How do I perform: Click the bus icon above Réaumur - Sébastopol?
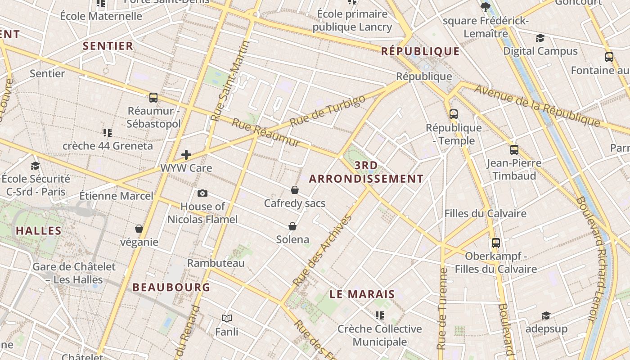pyautogui.click(x=153, y=97)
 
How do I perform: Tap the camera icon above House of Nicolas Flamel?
pyautogui.click(x=202, y=193)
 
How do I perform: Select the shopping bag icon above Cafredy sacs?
pyautogui.click(x=295, y=190)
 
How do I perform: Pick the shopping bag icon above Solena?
pyautogui.click(x=292, y=226)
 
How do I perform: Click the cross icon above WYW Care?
pyautogui.click(x=186, y=155)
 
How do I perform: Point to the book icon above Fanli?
pyautogui.click(x=227, y=319)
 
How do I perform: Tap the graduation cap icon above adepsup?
pyautogui.click(x=546, y=315)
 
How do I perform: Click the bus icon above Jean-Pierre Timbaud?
pyautogui.click(x=514, y=149)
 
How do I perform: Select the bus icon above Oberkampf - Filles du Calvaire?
pyautogui.click(x=496, y=243)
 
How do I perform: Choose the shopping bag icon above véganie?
pyautogui.click(x=139, y=229)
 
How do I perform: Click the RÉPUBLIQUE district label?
pyautogui.click(x=420, y=51)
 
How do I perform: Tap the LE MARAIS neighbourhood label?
pyautogui.click(x=362, y=295)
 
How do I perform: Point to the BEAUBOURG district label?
pyautogui.click(x=171, y=287)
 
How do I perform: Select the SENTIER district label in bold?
pyautogui.click(x=108, y=46)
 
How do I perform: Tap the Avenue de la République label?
pyautogui.click(x=537, y=106)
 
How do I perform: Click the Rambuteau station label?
pyautogui.click(x=216, y=263)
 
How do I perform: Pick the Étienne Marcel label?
pyautogui.click(x=116, y=196)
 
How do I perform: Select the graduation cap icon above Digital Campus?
pyautogui.click(x=540, y=38)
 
